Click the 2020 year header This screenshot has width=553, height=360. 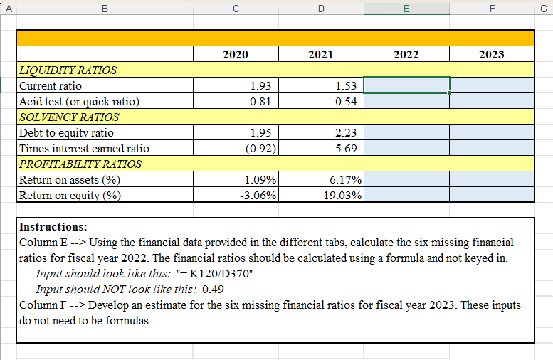(x=236, y=54)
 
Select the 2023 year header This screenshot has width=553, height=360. (x=492, y=54)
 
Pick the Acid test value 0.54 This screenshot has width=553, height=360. (x=346, y=102)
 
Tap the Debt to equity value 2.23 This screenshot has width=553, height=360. (x=346, y=133)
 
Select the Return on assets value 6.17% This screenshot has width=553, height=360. (x=342, y=180)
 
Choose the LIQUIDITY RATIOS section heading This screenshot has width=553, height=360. (x=68, y=70)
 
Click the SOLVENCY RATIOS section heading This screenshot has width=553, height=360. (x=68, y=117)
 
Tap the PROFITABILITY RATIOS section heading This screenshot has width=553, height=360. (x=80, y=164)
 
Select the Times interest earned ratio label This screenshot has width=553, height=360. (x=84, y=149)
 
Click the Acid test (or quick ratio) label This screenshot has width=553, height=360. (x=79, y=102)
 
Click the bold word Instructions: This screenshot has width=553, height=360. (x=52, y=228)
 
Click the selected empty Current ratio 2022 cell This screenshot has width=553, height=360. (x=406, y=85)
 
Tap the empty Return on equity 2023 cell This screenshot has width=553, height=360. (x=492, y=196)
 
